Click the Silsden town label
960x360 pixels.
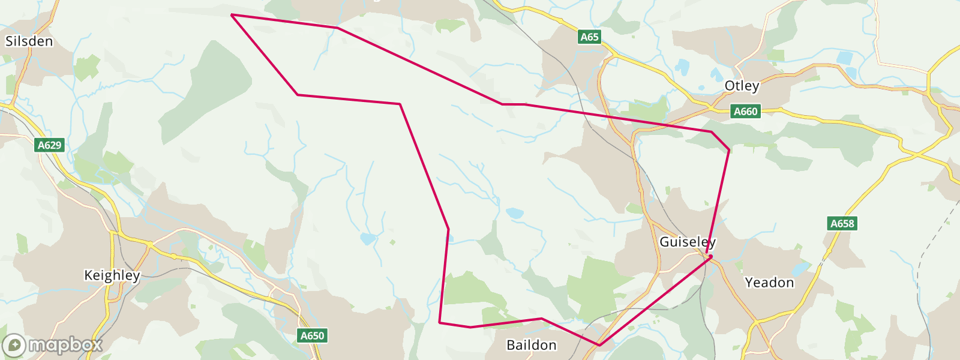click(29, 41)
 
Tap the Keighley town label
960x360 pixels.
click(112, 275)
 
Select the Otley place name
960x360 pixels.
click(742, 86)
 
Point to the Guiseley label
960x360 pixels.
click(687, 242)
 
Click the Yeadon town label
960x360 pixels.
click(769, 283)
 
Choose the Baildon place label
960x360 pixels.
click(532, 345)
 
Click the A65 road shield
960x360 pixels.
click(589, 37)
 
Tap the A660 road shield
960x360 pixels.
click(746, 111)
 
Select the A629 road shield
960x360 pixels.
click(49, 145)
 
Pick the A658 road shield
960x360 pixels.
click(842, 224)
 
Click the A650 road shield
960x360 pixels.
click(312, 336)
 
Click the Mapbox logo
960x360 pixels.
click(52, 345)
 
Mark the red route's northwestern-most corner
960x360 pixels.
click(232, 14)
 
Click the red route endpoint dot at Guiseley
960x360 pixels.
click(710, 257)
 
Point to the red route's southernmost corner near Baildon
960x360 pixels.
click(599, 346)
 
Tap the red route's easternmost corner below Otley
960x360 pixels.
click(729, 150)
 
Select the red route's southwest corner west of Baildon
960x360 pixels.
click(440, 322)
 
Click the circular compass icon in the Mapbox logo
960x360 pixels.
click(14, 346)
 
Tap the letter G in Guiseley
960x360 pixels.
click(664, 242)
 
